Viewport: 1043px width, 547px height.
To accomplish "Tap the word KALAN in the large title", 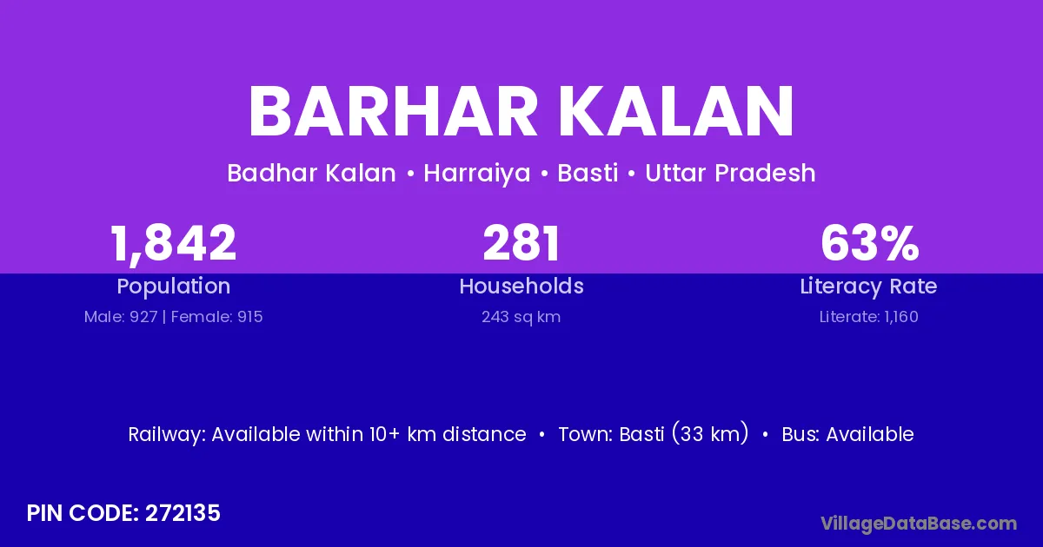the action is coord(675,112).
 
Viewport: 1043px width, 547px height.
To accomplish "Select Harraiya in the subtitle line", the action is coord(477,173).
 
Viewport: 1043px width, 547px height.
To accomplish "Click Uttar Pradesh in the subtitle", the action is coord(730,173).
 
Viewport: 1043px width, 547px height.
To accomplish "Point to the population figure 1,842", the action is coord(173,244).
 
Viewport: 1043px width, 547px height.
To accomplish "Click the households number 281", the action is coord(521,243).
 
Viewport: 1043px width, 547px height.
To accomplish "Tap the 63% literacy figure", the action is coord(869,243).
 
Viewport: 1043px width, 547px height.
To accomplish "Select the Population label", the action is coord(173,287).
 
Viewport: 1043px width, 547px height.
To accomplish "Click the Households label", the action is coord(521,286).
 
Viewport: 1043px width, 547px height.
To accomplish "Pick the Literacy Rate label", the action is coord(868,287).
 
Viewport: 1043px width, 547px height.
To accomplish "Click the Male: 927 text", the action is coord(121,317).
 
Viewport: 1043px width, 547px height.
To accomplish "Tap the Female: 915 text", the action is coord(217,317).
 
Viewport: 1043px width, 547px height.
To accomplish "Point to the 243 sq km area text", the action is coord(521,317).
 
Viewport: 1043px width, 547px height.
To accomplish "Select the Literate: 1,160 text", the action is coord(869,317).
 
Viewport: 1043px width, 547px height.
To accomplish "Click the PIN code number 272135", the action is coord(183,513).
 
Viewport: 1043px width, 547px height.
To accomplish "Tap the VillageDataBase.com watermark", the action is coord(919,524).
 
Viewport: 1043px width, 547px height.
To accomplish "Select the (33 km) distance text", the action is coord(710,433).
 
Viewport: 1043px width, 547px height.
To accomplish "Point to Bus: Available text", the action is coord(847,434).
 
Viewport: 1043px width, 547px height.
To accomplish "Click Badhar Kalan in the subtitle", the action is coord(311,173).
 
